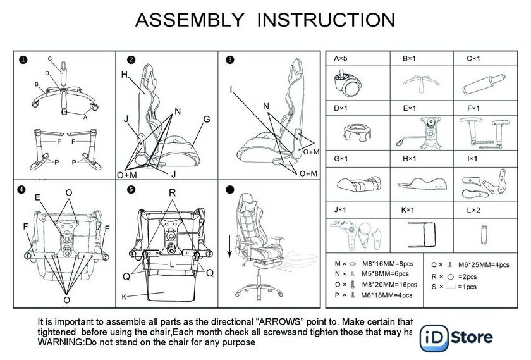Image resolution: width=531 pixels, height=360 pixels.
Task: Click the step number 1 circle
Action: pyautogui.click(x=23, y=60)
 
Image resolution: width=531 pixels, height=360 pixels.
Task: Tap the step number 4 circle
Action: pyautogui.click(x=23, y=189)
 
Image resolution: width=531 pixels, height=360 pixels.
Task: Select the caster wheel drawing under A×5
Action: pyautogui.click(x=347, y=82)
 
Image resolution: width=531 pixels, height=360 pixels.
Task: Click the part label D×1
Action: pyautogui.click(x=341, y=109)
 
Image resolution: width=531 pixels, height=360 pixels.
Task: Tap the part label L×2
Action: pyautogui.click(x=475, y=209)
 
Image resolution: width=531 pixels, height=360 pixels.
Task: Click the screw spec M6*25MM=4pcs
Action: pyautogui.click(x=483, y=265)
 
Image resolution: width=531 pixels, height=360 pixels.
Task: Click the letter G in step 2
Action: pyautogui.click(x=206, y=119)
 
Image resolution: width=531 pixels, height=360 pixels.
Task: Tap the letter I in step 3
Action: pyautogui.click(x=231, y=89)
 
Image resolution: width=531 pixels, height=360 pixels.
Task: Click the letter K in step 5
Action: pyautogui.click(x=124, y=296)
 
